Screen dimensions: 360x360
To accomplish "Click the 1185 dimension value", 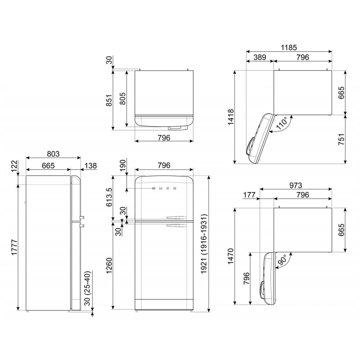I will tap(289, 47).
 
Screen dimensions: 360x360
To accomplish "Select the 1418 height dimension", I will tap(230, 117).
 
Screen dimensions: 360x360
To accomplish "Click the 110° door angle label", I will tap(282, 125).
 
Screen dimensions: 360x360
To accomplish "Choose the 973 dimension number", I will tap(296, 185).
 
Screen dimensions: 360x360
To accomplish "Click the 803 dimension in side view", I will tap(54, 154).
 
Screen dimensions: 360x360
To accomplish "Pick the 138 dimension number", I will tap(90, 166).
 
